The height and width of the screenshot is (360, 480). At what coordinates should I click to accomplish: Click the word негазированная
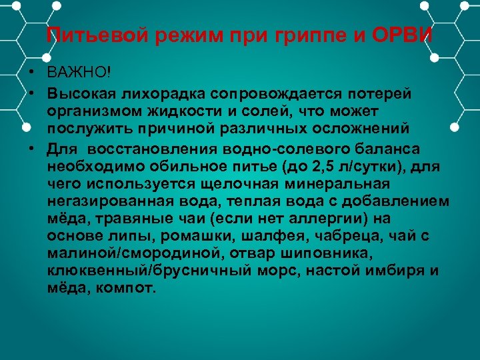pyautogui.click(x=97, y=201)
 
